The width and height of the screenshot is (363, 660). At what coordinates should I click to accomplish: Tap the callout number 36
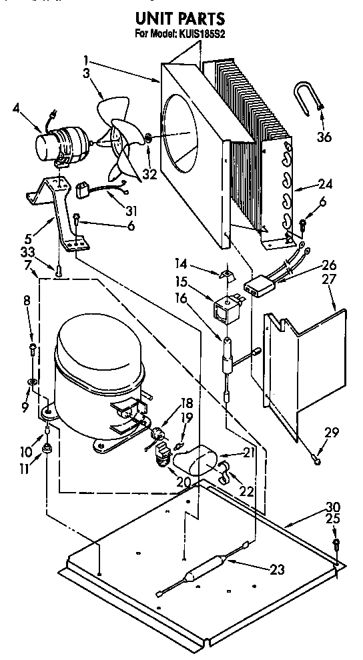click(324, 138)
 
